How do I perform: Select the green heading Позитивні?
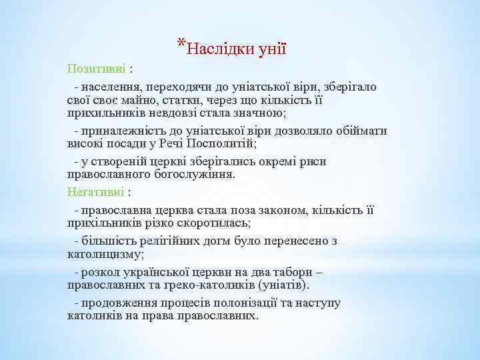tap(97, 69)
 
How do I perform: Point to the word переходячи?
tap(172, 87)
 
